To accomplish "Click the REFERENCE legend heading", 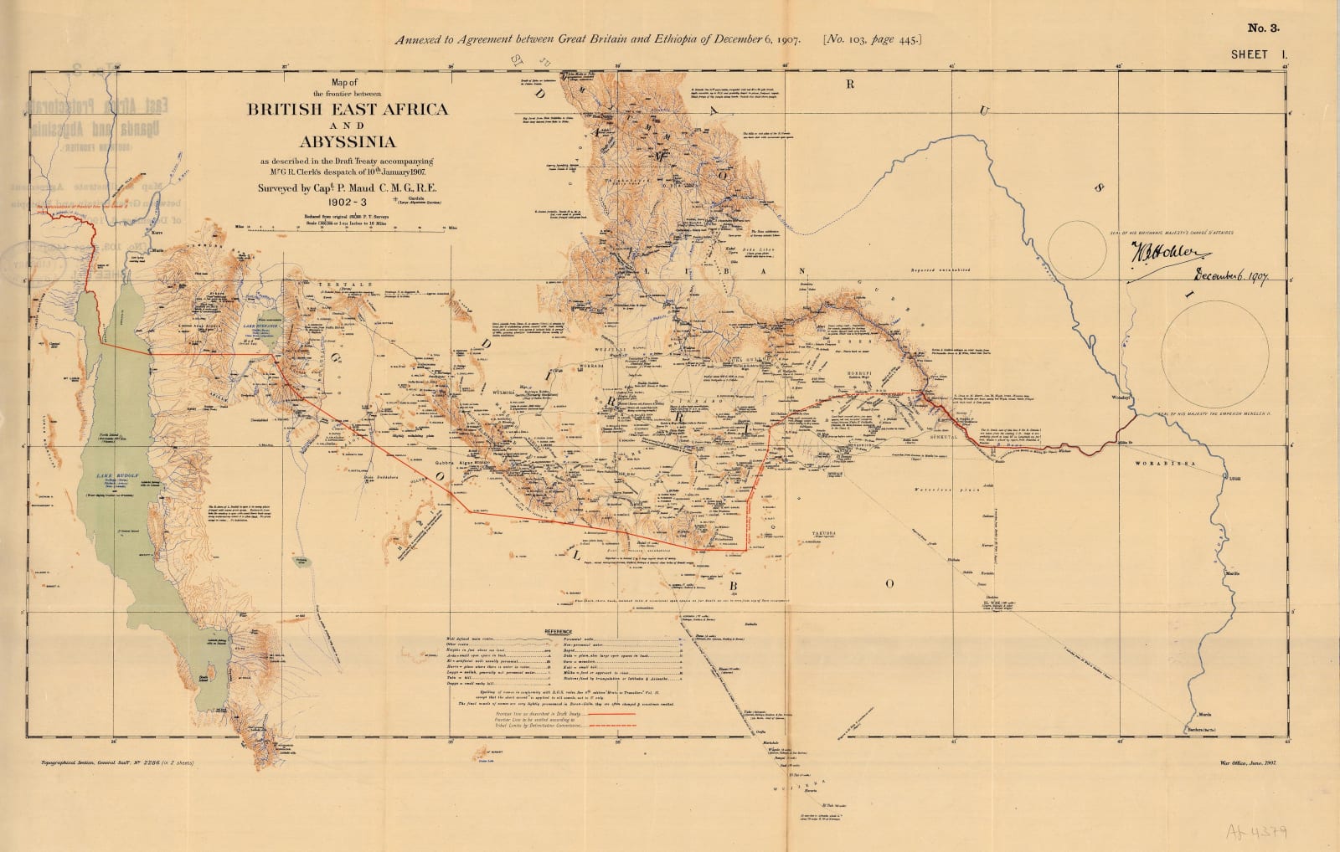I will pos(559,630).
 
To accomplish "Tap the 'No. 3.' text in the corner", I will pos(1264,28).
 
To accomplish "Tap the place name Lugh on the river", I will pos(1234,479).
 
